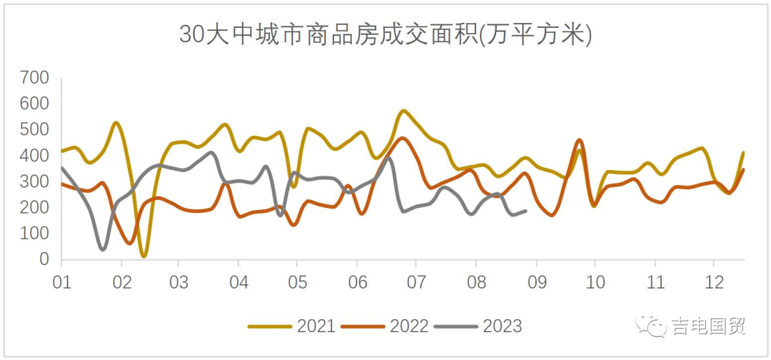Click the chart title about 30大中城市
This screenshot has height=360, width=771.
[x=385, y=34]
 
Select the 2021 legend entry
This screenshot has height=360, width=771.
[x=293, y=326]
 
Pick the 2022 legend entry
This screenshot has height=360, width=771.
[x=385, y=326]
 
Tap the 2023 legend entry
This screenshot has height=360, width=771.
[x=479, y=326]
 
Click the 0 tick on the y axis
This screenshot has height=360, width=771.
[x=44, y=260]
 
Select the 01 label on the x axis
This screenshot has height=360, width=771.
[x=62, y=280]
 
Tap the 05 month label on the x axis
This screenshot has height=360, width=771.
[x=298, y=280]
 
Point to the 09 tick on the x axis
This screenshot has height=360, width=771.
[x=535, y=280]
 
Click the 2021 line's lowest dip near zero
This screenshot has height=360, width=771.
[x=144, y=255]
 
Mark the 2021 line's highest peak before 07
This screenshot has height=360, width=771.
[x=404, y=111]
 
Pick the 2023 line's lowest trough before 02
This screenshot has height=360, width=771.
[x=104, y=249]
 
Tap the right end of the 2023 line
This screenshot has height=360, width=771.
[x=525, y=211]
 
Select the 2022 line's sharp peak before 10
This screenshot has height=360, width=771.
[x=579, y=140]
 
